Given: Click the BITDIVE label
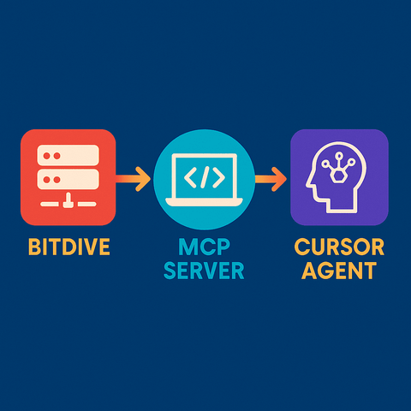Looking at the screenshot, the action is (x=69, y=247).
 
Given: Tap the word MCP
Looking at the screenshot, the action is (x=204, y=247).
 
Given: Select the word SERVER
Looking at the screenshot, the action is (x=204, y=271).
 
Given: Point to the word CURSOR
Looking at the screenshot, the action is (x=339, y=247).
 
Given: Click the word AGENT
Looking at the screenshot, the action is (x=339, y=271).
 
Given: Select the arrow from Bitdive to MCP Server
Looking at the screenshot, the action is (x=133, y=179).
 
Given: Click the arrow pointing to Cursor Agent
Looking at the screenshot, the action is (x=271, y=179).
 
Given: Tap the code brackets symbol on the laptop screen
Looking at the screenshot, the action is (x=205, y=177).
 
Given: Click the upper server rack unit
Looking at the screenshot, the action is (x=68, y=156).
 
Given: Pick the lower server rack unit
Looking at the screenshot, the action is (x=68, y=180).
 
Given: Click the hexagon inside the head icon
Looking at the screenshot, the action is (x=339, y=175).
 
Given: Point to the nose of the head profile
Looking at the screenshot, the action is (x=308, y=184).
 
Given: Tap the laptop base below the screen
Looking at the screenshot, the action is (x=204, y=201).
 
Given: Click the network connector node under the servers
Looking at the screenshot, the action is (x=68, y=201).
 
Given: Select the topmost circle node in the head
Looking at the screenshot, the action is (x=339, y=156).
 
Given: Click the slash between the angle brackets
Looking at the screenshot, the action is (x=205, y=177).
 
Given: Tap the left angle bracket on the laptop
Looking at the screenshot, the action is (x=190, y=177).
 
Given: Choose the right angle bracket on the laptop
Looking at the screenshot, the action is (x=219, y=177).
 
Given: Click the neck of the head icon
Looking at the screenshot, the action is (x=342, y=206).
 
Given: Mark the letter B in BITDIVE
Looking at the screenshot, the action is (x=34, y=247).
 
